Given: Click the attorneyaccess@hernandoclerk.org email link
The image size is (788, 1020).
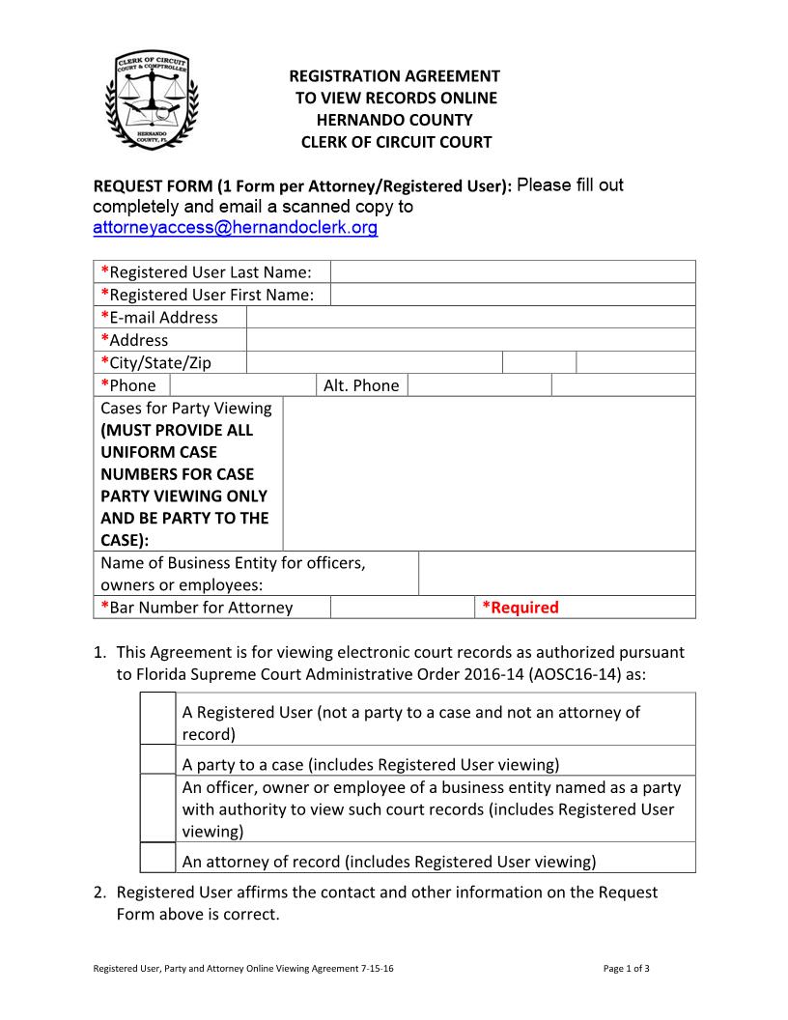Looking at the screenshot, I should click(235, 229).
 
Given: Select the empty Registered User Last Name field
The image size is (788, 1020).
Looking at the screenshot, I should click(512, 271).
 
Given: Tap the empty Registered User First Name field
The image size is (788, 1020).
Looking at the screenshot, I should click(512, 295).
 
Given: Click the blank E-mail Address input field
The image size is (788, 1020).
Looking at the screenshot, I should click(470, 317).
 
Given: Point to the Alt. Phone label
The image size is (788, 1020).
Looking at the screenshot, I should click(361, 385).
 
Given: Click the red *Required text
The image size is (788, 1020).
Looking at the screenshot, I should click(521, 608).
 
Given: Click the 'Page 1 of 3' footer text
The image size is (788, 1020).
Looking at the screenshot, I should click(626, 968).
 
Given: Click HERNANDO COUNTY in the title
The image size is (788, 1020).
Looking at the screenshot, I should click(395, 120).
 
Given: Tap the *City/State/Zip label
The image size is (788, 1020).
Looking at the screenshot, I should click(155, 363).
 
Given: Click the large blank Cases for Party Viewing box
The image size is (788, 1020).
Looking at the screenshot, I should click(489, 473).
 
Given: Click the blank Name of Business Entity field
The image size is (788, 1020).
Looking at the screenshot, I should click(556, 574).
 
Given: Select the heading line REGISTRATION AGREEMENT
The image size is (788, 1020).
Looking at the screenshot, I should click(395, 75).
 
